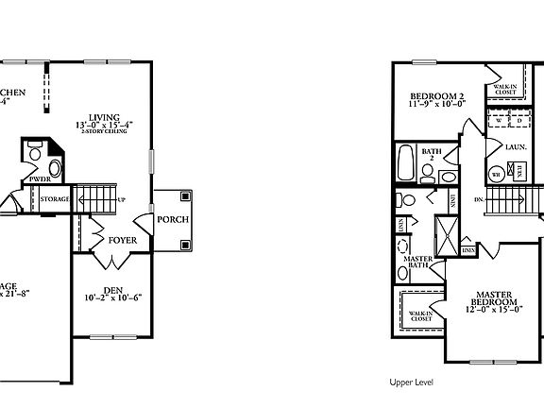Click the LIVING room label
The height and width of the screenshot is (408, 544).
105,114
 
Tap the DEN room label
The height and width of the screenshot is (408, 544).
113,290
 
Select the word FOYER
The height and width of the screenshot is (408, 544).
122,241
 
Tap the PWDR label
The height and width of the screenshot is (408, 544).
39,178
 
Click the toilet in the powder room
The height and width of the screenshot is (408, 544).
35,151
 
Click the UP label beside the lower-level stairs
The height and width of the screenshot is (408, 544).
121,199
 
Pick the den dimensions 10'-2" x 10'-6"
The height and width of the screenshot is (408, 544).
113,299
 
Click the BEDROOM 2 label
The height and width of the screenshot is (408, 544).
436,97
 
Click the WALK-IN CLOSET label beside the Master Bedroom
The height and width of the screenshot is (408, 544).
420,315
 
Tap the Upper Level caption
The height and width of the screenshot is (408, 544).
411,383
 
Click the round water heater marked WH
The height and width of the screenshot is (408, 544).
496,174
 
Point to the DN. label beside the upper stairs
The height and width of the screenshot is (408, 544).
480,200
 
